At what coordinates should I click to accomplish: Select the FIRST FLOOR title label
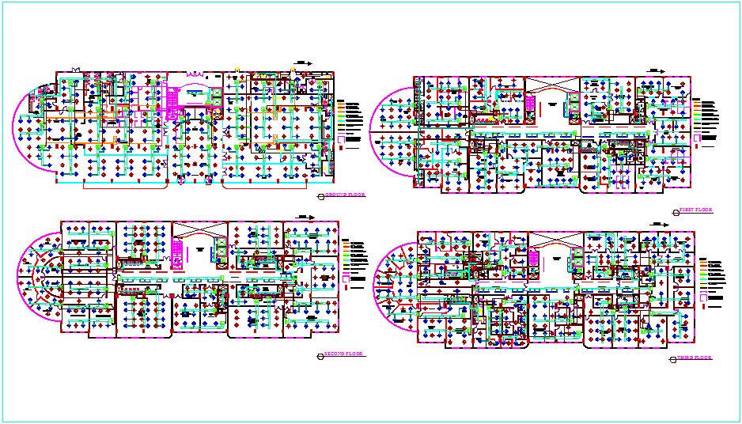tap(696, 210)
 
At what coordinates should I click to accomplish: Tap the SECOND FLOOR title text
tap(344, 354)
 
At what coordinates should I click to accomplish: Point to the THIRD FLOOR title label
tap(694, 358)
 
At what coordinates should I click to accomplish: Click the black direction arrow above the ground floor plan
tap(304, 62)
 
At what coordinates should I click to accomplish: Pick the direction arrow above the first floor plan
tap(655, 70)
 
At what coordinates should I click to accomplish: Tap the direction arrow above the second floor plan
tap(303, 215)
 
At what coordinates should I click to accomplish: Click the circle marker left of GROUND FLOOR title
tap(320, 195)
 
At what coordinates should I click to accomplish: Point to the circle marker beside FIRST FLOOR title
tap(674, 211)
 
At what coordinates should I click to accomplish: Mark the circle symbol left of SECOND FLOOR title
tap(320, 355)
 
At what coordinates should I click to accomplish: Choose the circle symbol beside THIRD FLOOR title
tap(672, 359)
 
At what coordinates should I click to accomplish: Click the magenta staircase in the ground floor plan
tap(169, 103)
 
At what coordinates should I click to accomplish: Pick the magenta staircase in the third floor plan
tap(533, 257)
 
